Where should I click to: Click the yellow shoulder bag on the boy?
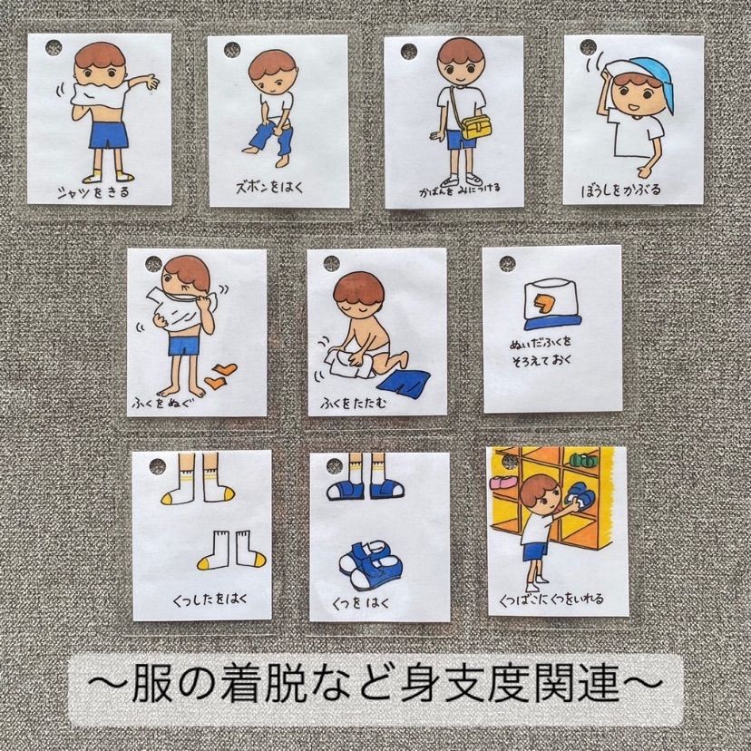coord(475,127)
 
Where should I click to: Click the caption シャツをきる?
coord(93,192)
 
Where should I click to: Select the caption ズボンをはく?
coord(269,187)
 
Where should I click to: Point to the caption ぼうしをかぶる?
coord(620,190)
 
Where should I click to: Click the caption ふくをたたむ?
coord(354,404)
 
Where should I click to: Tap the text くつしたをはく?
coord(210,600)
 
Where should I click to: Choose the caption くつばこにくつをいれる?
coord(551,599)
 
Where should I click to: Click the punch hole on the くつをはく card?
coord(335,464)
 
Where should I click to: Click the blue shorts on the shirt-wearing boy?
coord(110,136)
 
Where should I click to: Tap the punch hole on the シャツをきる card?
coord(54,48)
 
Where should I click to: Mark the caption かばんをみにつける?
coord(460,190)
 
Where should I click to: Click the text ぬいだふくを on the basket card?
coord(541,343)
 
